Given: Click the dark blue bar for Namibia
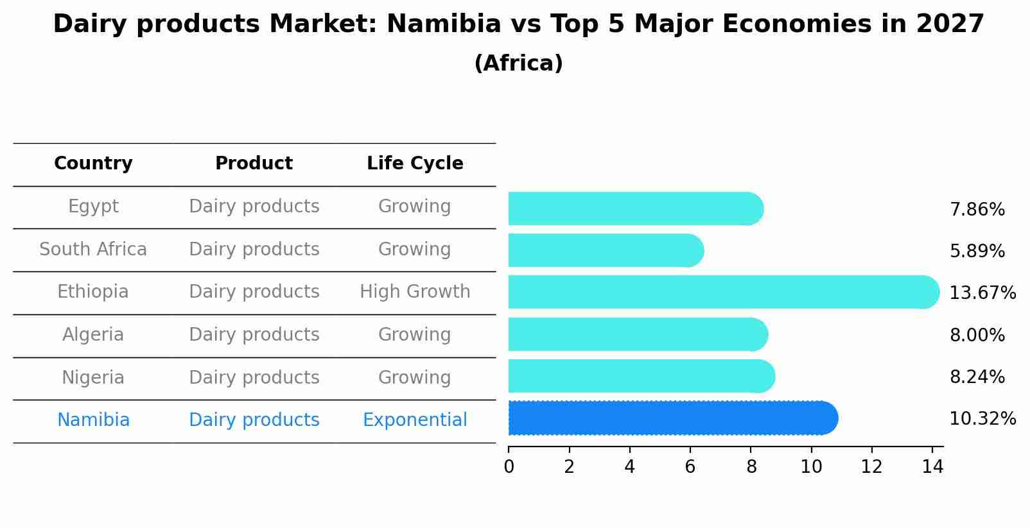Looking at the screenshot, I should (x=671, y=418).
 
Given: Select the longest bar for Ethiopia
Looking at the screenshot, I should (x=722, y=292).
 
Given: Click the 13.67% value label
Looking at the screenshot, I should (x=982, y=293).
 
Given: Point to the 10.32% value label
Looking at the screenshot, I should (x=982, y=419).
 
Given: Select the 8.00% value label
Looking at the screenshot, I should (x=977, y=336).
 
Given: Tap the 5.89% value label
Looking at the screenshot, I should (x=977, y=251).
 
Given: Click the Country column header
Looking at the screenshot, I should (x=93, y=164).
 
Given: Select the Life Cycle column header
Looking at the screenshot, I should (x=415, y=164).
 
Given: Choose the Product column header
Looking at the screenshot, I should (x=254, y=164).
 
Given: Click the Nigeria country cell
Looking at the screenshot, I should (x=93, y=377).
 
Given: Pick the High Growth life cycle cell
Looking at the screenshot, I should (x=415, y=292).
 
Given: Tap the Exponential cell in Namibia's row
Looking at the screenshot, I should (x=415, y=420).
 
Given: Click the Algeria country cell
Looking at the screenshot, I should (x=93, y=335).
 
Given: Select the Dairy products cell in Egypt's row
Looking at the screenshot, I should (x=254, y=207).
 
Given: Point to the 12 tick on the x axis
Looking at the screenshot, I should (x=871, y=467).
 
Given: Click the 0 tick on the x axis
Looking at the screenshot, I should (x=509, y=467).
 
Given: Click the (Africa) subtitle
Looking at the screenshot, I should (x=518, y=64).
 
